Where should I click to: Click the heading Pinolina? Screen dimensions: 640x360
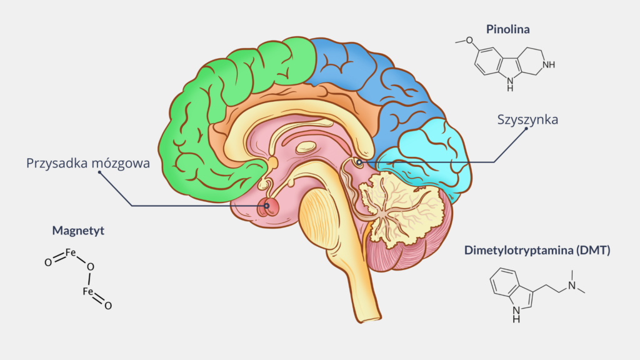(507, 29)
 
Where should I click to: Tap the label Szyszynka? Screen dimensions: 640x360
(527, 119)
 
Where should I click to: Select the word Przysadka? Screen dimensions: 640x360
(57, 163)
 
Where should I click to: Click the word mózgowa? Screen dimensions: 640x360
(121, 163)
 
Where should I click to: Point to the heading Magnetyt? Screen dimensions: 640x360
(78, 231)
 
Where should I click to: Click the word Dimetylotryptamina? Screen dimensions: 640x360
(519, 250)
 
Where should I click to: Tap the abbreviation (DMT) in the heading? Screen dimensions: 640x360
(594, 250)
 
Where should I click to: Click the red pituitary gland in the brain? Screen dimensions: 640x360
(267, 207)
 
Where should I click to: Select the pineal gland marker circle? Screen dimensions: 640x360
(359, 162)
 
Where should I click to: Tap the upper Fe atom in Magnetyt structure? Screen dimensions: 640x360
(71, 252)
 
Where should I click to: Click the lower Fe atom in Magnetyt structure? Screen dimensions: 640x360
(87, 291)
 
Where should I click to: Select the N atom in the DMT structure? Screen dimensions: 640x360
(572, 285)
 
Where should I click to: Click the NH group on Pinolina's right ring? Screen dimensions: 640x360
(549, 64)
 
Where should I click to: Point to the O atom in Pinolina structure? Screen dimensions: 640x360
(469, 41)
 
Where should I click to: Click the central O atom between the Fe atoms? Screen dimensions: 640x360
(91, 267)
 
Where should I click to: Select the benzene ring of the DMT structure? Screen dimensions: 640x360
(505, 282)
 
